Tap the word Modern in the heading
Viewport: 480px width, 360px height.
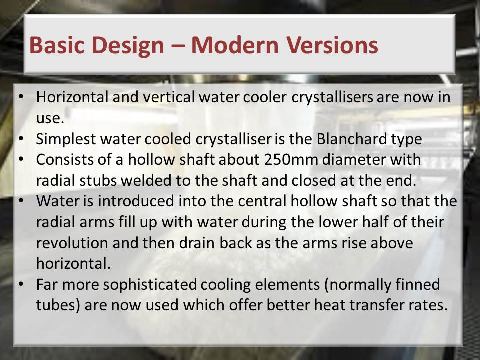click(x=234, y=45)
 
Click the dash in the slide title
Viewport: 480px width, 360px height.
click(x=178, y=46)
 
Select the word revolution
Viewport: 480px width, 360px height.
click(x=72, y=243)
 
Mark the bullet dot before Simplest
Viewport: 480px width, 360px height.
click(x=21, y=139)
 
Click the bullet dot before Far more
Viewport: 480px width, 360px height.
click(x=21, y=284)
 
